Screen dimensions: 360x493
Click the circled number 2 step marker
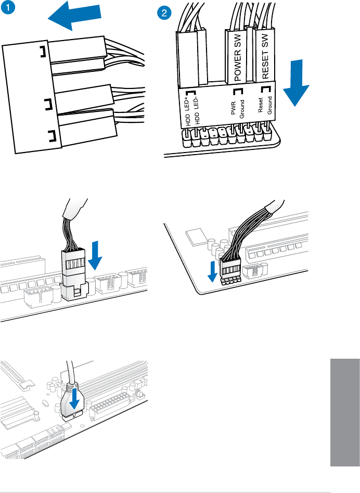[165, 13]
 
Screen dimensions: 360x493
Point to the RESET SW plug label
[266, 57]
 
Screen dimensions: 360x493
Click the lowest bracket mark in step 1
[51, 137]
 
